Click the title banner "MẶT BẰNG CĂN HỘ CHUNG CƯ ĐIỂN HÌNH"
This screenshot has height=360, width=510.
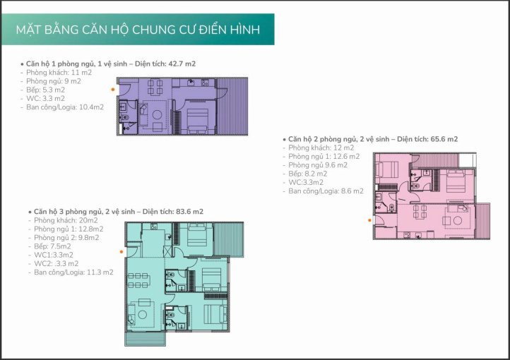pos(138,30)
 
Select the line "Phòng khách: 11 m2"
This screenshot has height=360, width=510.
pos(59,73)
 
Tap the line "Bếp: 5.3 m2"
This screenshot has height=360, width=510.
pos(45,90)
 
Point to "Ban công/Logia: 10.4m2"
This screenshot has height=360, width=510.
pos(65,107)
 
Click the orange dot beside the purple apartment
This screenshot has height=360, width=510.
pos(113,90)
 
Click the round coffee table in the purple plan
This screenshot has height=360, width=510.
pos(157,114)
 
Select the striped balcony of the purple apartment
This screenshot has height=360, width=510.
pos(232,107)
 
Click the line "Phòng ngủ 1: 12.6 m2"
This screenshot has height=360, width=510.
pos(324,157)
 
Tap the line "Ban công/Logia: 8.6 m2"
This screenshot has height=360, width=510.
pos(326,191)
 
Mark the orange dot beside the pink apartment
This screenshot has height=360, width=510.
pos(369,220)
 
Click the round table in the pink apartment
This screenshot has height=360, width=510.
pos(458,221)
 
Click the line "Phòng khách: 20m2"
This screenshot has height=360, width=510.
pos(66,221)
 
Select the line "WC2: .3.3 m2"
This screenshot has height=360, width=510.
pos(57,263)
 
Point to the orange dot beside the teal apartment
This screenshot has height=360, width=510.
pos(121,252)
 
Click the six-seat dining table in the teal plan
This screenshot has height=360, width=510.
pos(139,280)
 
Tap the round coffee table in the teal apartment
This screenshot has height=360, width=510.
pos(143,315)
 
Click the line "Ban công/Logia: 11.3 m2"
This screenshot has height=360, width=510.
pos(73,272)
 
